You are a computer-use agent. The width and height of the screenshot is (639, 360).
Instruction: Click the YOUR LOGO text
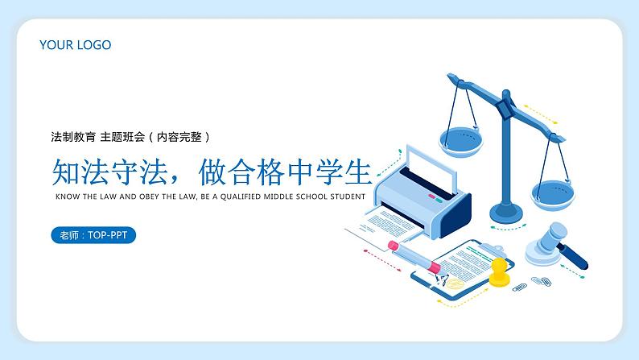click(x=75, y=45)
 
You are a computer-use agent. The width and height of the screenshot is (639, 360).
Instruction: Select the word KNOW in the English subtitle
click(x=66, y=196)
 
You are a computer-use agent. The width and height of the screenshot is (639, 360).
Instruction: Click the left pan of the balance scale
click(x=463, y=140)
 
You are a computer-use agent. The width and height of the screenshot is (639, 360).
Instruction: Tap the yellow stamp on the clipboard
click(x=501, y=272)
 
